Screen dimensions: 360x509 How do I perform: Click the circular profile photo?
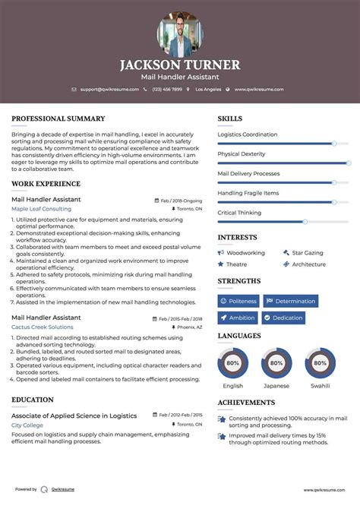pos(180,35)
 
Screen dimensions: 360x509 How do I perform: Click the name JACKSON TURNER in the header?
pos(180,65)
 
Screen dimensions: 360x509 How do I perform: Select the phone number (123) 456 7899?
pos(166,89)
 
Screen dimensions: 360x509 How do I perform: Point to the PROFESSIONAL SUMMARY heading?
pos(58,119)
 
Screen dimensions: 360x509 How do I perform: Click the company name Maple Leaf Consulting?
pos(42,208)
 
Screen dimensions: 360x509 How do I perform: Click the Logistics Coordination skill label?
pos(248,134)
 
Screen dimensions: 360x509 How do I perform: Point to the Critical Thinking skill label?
pos(239,213)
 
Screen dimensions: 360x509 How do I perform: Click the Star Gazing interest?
pos(308,253)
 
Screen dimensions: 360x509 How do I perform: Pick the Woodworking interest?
pos(245,253)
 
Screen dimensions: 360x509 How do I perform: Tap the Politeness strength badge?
pos(238,301)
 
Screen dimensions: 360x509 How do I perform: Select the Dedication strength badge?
pos(284,318)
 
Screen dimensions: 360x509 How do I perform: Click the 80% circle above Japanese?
pos(276,363)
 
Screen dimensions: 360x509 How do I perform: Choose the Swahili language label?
pos(319,385)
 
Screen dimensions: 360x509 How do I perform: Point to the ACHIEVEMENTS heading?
pos(247,403)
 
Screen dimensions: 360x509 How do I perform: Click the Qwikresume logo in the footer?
pos(45,489)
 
